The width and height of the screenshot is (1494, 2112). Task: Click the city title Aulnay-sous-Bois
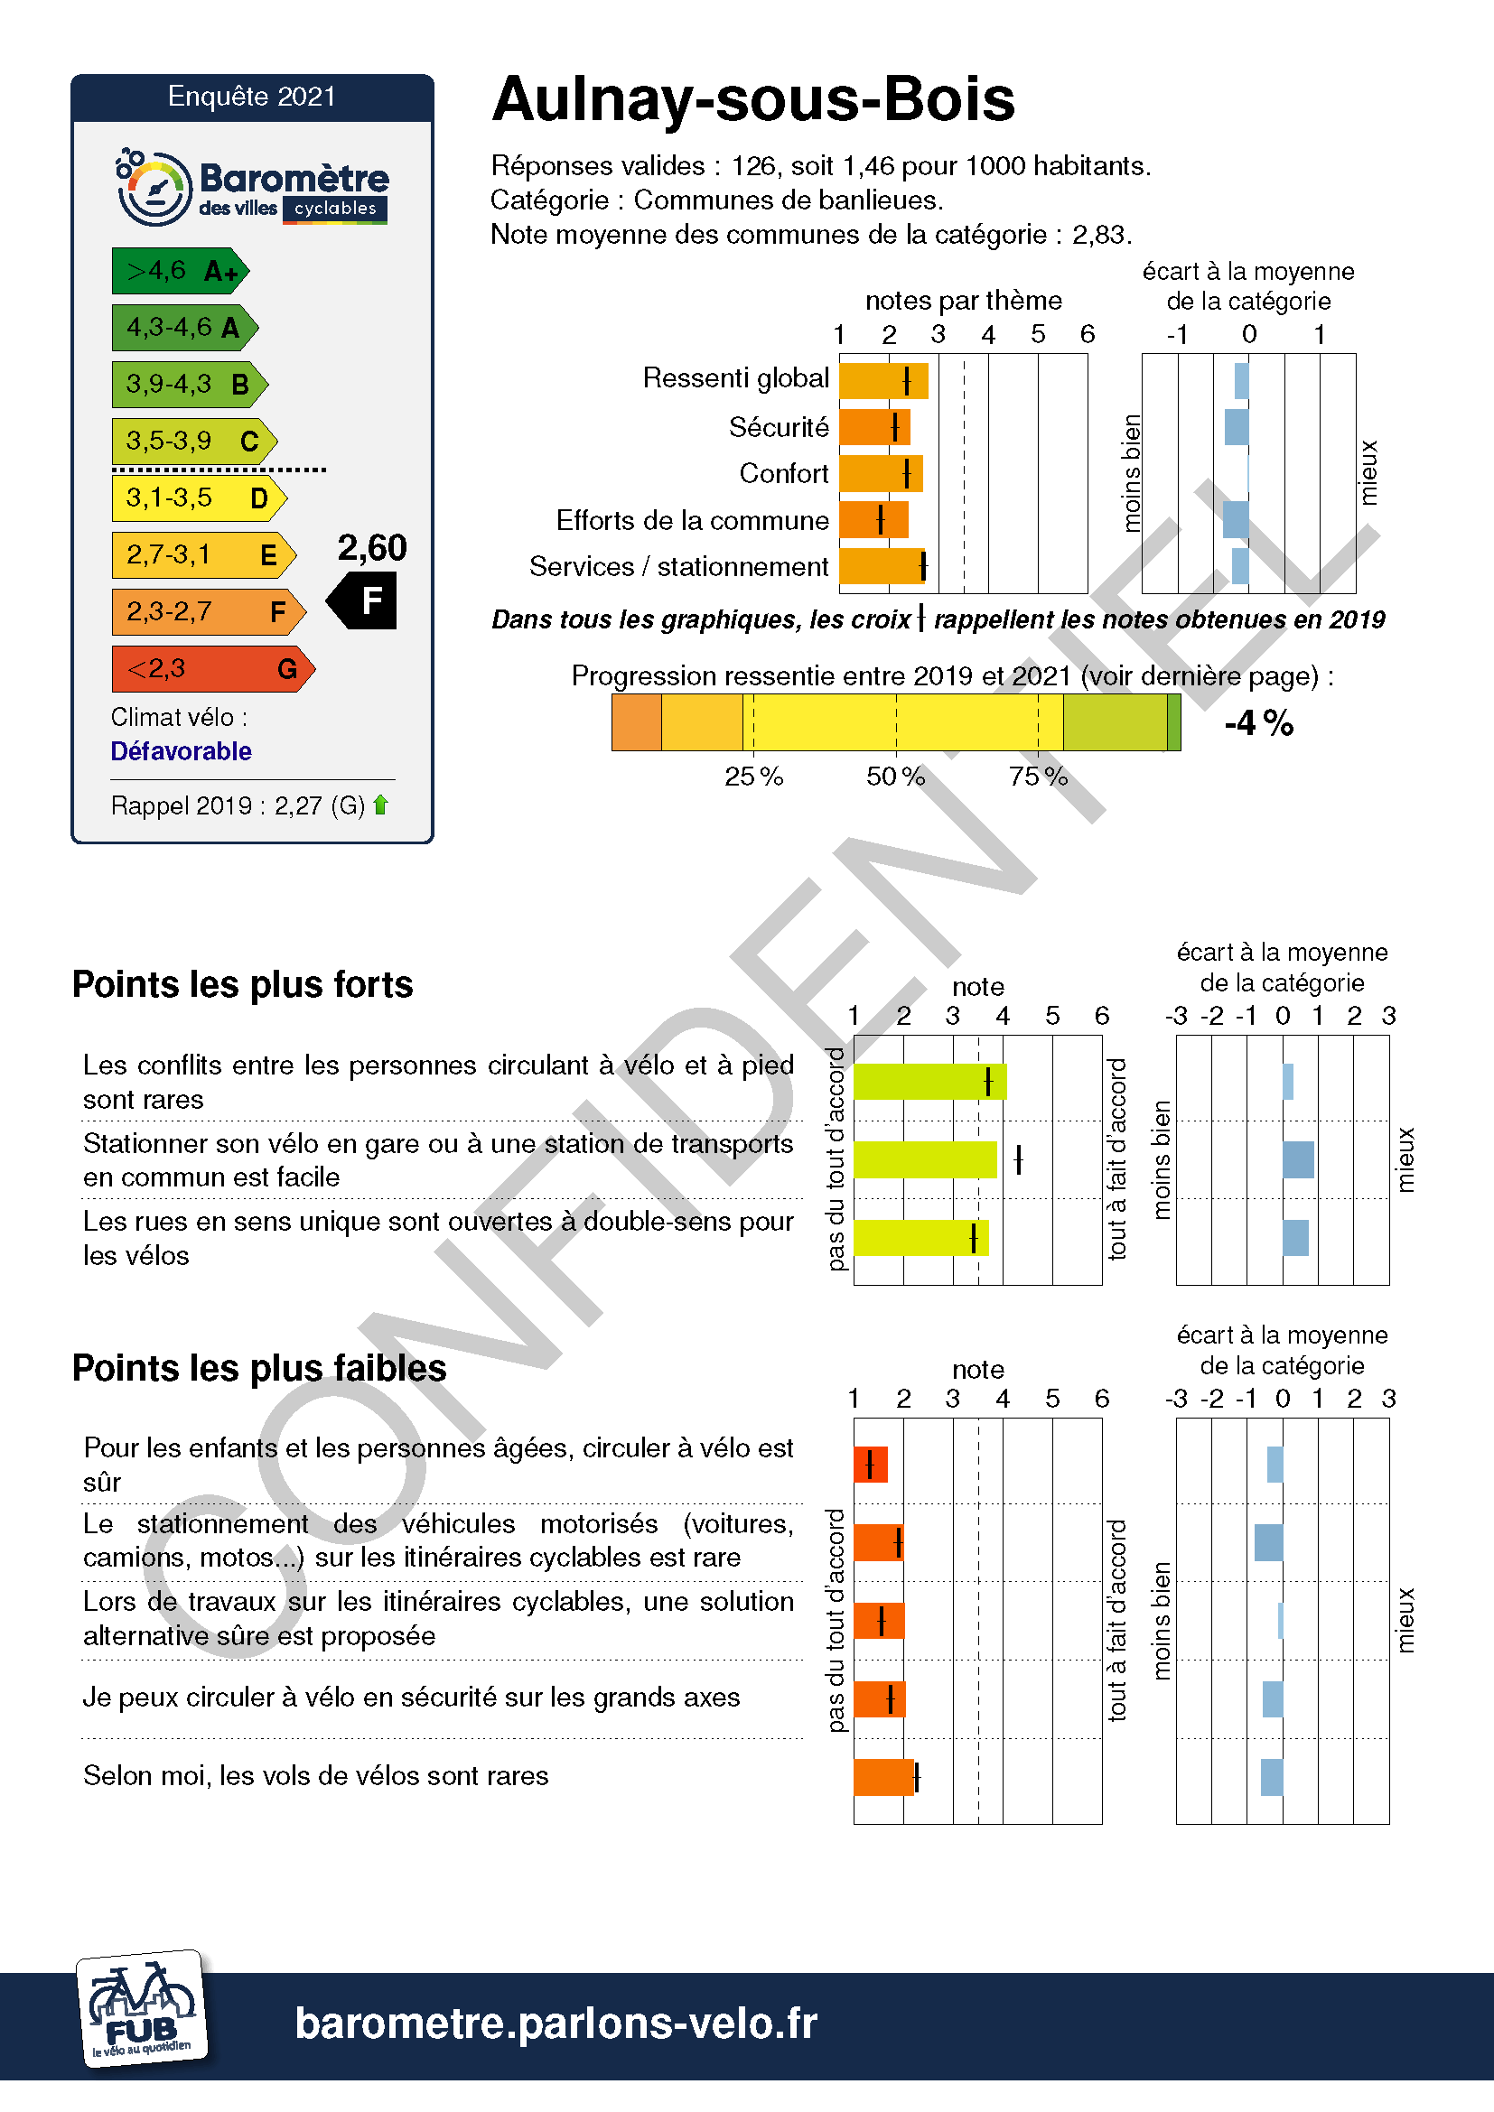point(752,99)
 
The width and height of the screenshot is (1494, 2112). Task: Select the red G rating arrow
point(211,669)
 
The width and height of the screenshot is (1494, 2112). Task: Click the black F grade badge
point(364,600)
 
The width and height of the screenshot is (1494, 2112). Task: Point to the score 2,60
point(371,548)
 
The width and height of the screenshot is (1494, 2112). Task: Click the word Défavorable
point(182,751)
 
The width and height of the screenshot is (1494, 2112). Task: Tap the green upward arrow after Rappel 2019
point(381,805)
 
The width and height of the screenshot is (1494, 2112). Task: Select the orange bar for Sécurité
point(873,427)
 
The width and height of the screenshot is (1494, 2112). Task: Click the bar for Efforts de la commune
point(873,520)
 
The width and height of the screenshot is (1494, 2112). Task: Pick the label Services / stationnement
point(678,567)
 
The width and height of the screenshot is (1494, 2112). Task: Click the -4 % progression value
point(1257,723)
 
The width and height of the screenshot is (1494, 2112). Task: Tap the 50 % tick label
point(895,777)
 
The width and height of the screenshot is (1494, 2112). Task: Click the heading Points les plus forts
point(243,984)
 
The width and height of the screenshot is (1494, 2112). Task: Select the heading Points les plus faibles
point(259,1368)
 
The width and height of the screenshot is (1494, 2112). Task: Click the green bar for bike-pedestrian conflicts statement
point(929,1081)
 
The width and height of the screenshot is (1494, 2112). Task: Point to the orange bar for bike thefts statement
point(883,1777)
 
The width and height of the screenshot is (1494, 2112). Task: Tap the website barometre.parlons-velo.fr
point(556,2024)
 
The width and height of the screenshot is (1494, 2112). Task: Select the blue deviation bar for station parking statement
point(1298,1159)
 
